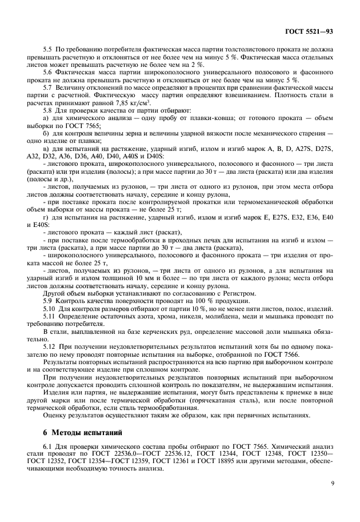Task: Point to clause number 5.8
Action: point(49,108)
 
